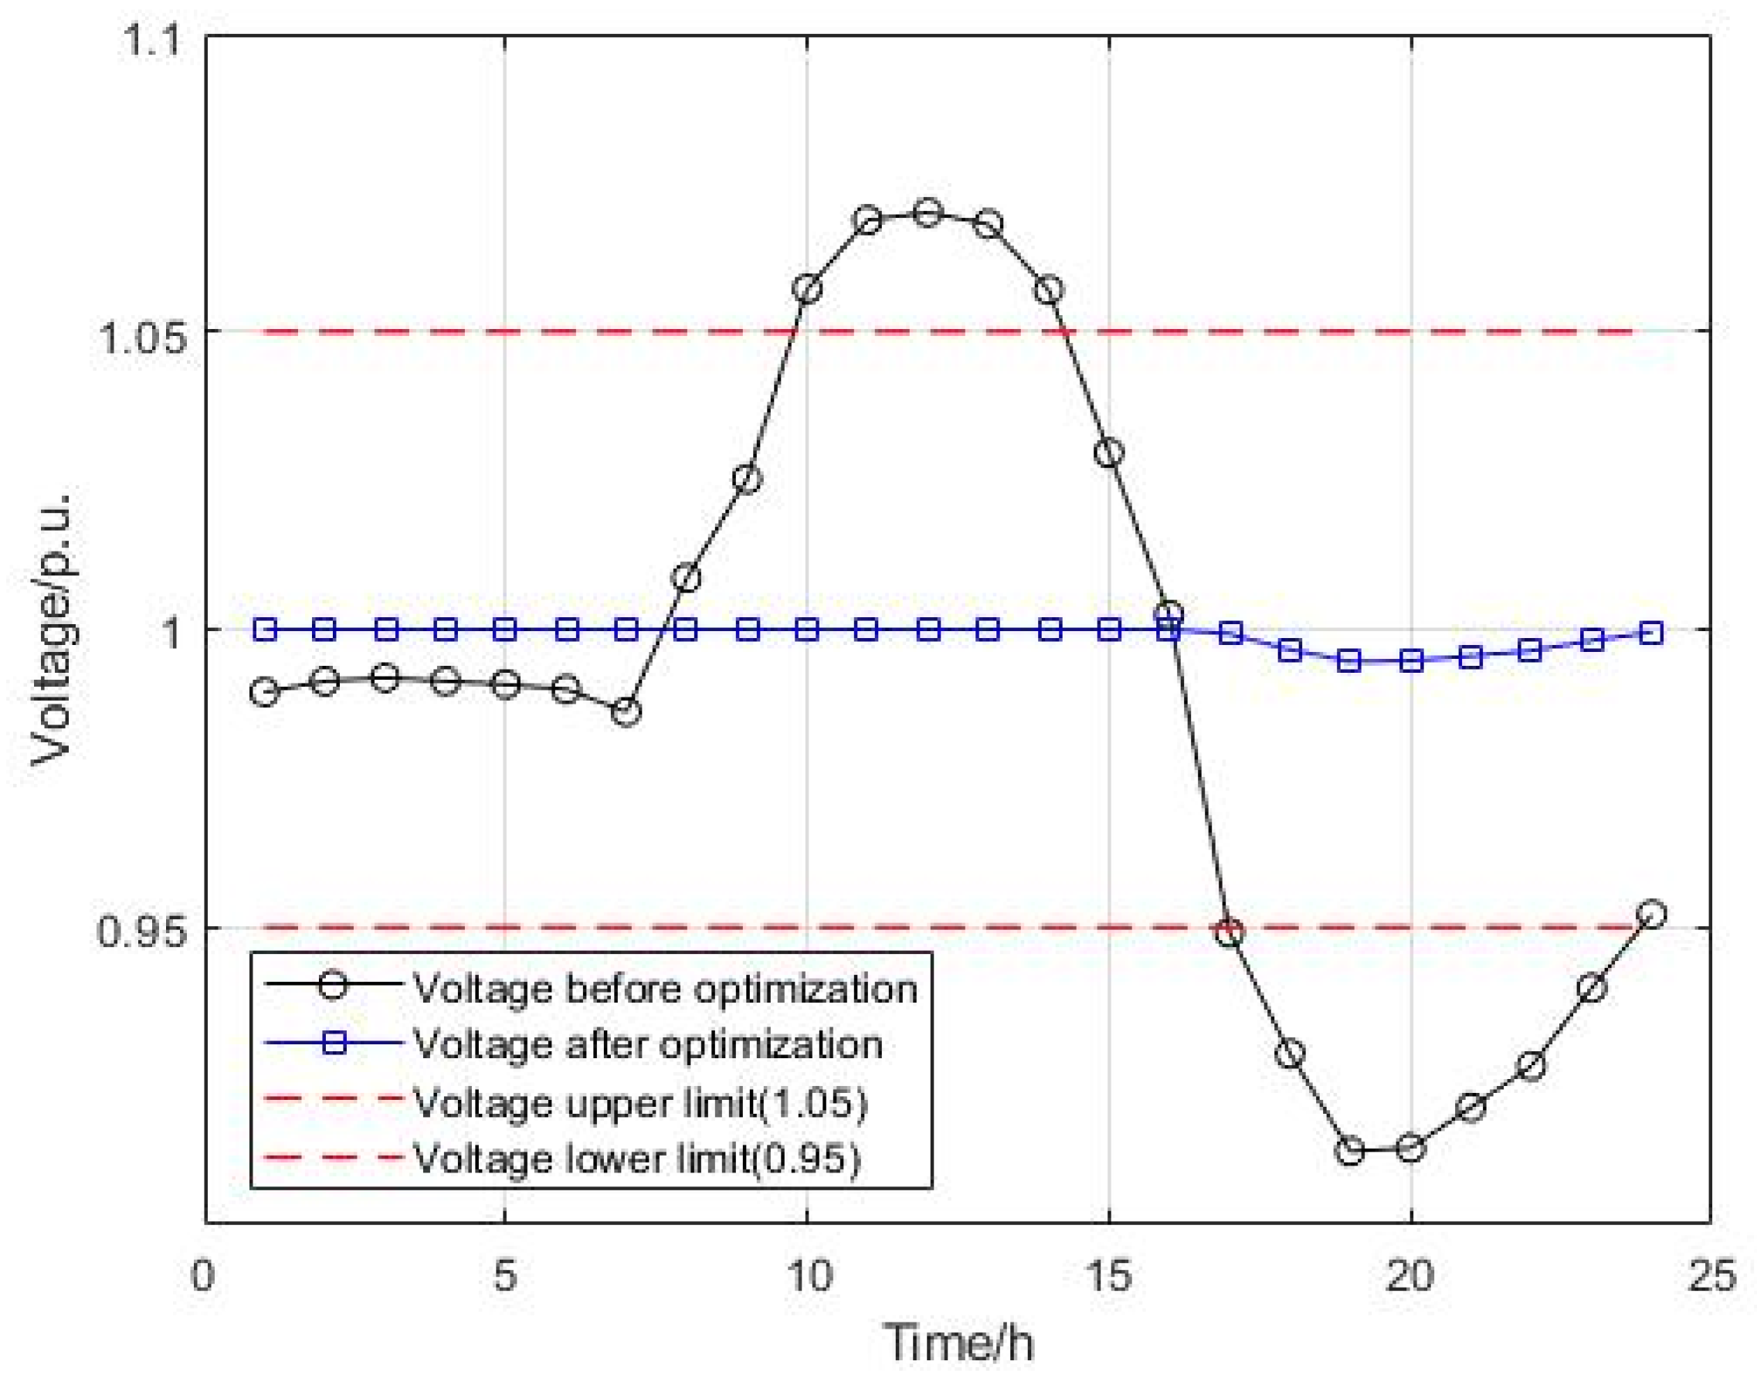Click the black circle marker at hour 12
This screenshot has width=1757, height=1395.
pos(928,213)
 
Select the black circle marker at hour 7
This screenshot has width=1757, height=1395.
pos(626,712)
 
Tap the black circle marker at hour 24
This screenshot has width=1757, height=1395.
pos(1651,915)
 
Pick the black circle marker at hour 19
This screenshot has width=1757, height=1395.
pos(1350,1151)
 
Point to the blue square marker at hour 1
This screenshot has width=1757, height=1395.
pos(264,629)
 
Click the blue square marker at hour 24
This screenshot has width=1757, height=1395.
pos(1651,633)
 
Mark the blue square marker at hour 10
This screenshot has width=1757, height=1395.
pos(807,629)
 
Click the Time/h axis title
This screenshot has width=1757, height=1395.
pos(959,1342)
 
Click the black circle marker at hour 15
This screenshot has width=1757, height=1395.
pos(1109,452)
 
